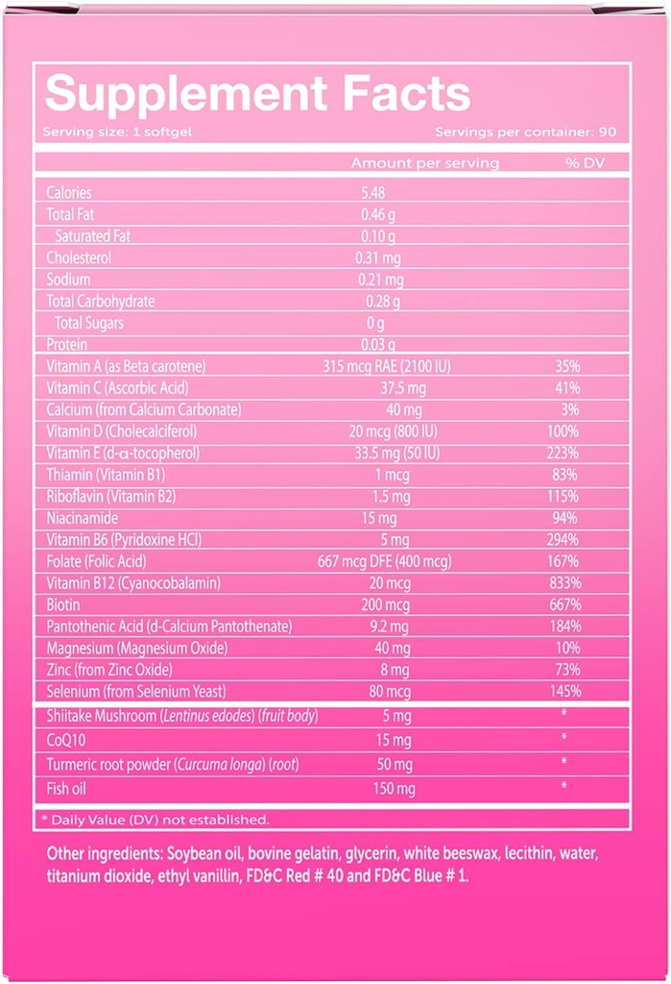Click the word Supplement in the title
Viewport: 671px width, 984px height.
click(168, 94)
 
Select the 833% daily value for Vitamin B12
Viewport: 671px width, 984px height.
click(565, 582)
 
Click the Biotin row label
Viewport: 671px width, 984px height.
click(63, 604)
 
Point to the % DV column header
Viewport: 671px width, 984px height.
click(585, 162)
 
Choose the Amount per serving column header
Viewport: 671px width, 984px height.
click(424, 162)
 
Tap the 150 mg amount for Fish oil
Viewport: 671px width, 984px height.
click(395, 789)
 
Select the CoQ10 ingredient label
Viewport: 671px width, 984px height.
click(65, 740)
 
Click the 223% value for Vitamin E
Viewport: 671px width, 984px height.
click(565, 453)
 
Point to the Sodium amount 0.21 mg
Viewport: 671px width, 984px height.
click(382, 280)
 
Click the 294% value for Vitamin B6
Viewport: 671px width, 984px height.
click(565, 539)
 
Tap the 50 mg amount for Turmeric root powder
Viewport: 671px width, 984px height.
click(395, 764)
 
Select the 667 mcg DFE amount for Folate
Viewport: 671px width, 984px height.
click(384, 561)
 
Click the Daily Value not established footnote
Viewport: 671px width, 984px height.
click(155, 819)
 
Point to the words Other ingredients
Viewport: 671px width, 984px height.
click(105, 853)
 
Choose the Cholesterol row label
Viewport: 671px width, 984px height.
click(79, 258)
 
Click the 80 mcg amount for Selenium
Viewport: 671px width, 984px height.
click(394, 691)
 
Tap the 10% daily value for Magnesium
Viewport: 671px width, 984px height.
click(567, 648)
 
